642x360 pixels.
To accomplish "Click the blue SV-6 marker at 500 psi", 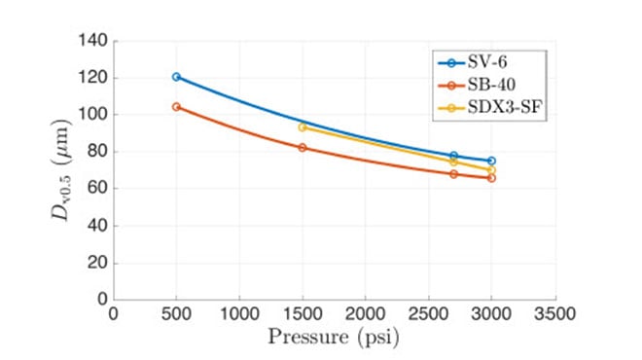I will point(176,77).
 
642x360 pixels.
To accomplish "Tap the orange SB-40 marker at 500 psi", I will point(176,106).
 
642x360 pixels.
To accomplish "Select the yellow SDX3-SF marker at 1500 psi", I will point(303,126).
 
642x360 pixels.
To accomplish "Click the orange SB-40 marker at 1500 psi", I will point(303,147).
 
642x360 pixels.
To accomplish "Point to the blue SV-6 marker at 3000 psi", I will point(491,161).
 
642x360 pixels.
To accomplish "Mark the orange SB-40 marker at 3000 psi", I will point(491,178).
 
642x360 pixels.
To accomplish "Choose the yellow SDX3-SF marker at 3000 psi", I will point(491,169).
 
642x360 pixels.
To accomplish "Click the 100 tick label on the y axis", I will point(94,115).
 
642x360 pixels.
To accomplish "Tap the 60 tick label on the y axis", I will point(98,189).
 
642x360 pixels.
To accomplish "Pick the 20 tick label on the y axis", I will point(98,263).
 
